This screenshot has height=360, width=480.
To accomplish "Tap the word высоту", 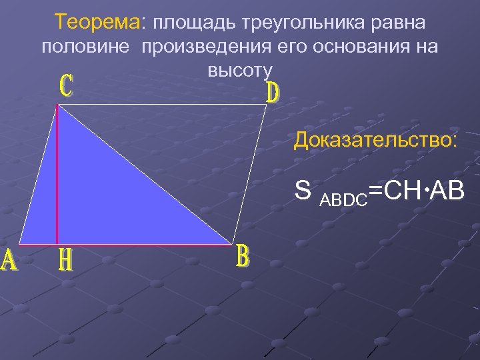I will [240, 69].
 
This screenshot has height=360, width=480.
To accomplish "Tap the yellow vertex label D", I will [273, 93].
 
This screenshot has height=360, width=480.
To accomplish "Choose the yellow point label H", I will [65, 260].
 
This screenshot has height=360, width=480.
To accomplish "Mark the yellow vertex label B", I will [243, 257].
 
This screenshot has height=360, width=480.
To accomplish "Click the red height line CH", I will [57, 173].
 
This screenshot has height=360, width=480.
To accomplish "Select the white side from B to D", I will [249, 173].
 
